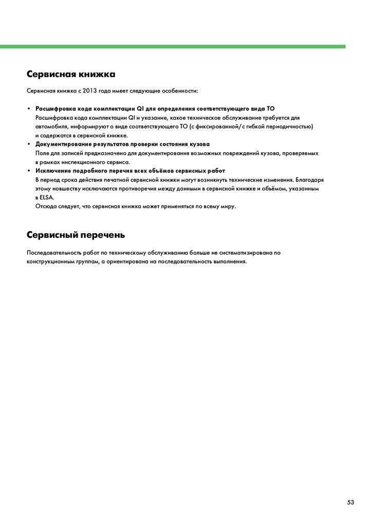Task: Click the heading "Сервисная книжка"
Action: coord(71,74)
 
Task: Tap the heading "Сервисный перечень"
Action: coord(76,235)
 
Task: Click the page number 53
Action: coord(350,502)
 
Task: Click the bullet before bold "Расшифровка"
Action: coord(29,109)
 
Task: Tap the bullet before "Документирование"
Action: coord(29,144)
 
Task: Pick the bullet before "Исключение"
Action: coord(29,171)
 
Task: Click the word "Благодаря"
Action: coord(310,180)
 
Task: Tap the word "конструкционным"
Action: coord(52,261)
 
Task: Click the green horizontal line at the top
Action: coord(173,46)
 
